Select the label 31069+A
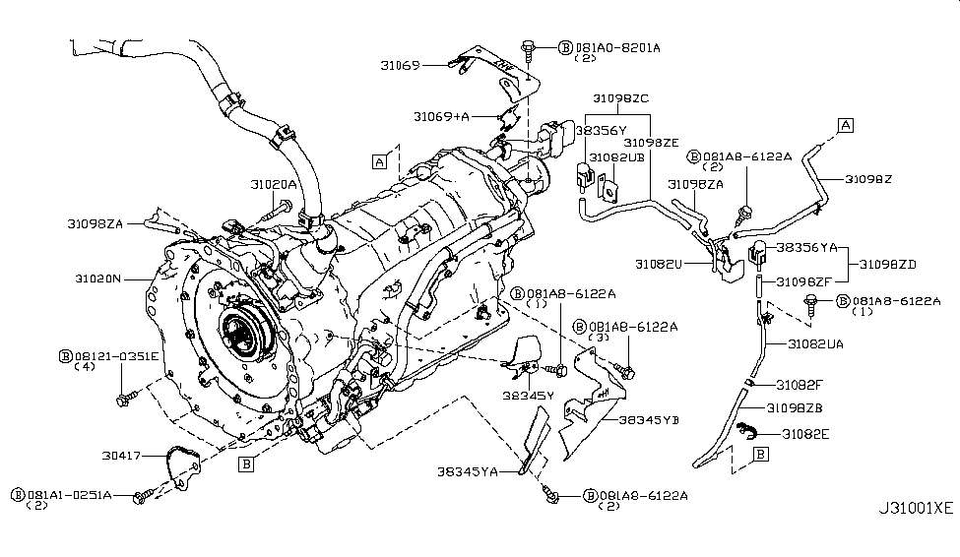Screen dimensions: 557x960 (x=442, y=116)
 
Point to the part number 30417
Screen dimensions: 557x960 (x=121, y=457)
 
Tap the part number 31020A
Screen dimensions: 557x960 (x=272, y=184)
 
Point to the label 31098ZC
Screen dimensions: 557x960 (x=620, y=99)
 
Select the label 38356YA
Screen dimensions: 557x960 (x=806, y=248)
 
